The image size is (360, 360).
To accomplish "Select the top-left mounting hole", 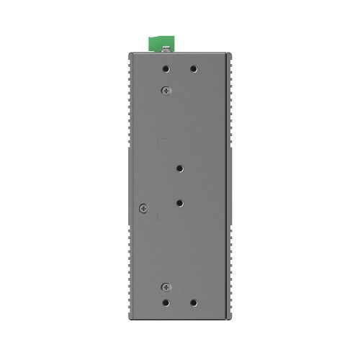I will [166, 70].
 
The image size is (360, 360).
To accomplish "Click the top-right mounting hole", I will [193, 70].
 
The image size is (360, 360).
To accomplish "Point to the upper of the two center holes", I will [179, 168].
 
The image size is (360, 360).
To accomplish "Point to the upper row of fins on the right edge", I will [232, 101].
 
